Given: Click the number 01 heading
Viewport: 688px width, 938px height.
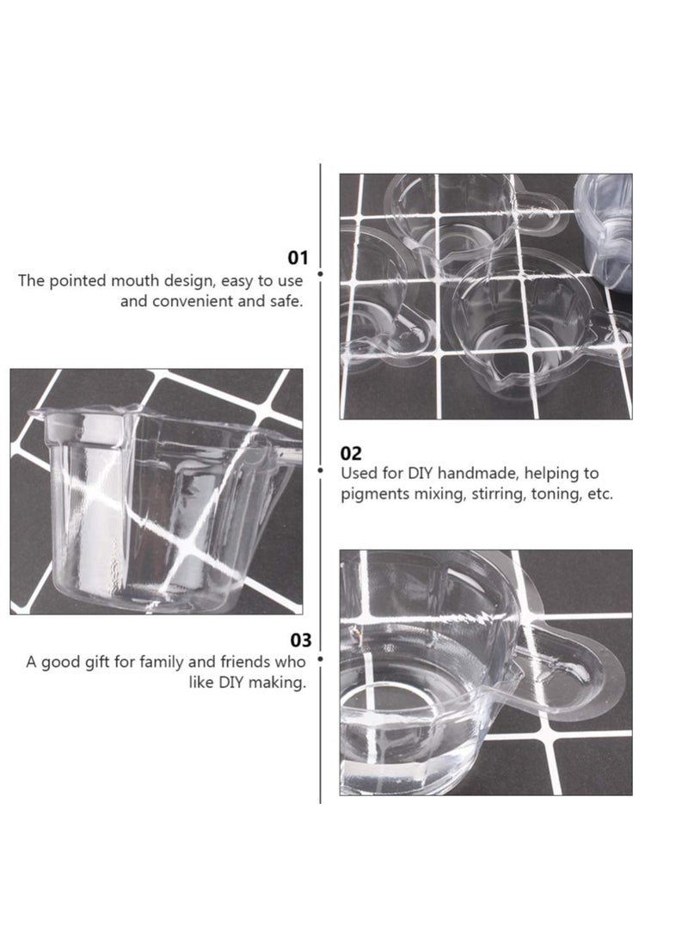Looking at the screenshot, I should tap(298, 257).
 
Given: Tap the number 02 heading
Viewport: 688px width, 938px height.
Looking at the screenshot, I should tap(352, 453).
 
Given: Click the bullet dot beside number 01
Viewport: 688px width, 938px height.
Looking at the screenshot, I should tap(320, 273).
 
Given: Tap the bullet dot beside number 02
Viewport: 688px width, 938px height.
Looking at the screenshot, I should tap(320, 470).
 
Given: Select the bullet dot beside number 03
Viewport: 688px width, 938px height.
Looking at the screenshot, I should tap(320, 659).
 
